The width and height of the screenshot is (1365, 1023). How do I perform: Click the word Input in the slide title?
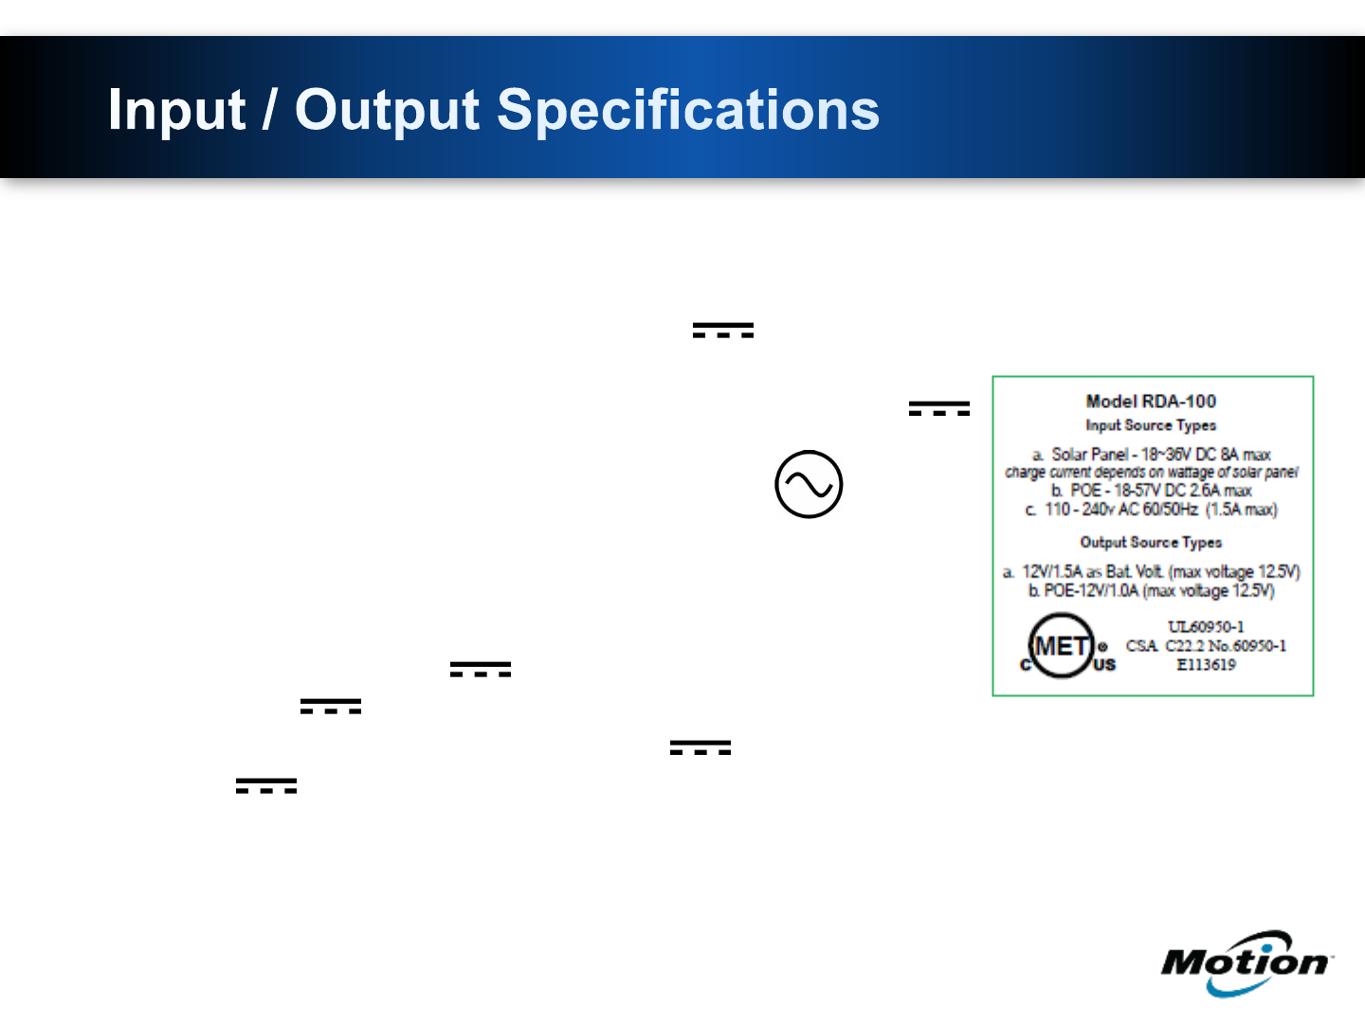[x=176, y=111]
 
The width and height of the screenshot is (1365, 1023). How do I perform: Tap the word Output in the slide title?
[x=387, y=109]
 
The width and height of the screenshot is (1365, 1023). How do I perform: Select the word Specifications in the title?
[x=688, y=109]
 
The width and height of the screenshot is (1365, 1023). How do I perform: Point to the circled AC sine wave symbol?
[x=809, y=484]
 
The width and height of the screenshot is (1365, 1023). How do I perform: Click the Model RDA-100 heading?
[x=1151, y=402]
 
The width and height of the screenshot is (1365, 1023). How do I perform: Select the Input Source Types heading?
[x=1151, y=425]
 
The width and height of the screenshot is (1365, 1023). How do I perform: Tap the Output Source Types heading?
[x=1151, y=542]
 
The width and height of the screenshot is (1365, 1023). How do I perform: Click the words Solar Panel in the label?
[x=1089, y=455]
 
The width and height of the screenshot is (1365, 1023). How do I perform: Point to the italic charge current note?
[x=1152, y=473]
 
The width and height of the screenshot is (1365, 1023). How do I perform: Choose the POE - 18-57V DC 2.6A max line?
[x=1151, y=491]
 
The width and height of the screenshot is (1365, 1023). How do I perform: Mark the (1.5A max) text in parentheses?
[x=1241, y=510]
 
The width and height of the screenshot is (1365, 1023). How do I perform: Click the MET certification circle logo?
[x=1061, y=645]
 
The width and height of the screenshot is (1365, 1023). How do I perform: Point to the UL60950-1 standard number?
[x=1206, y=627]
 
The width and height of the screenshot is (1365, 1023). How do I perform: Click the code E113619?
[x=1206, y=665]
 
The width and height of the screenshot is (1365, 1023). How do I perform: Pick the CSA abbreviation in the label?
[x=1142, y=646]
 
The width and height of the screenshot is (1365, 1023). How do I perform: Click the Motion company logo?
[x=1245, y=962]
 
